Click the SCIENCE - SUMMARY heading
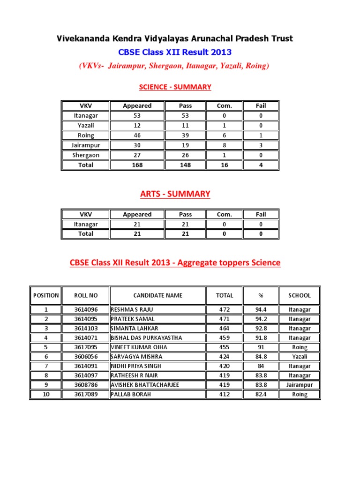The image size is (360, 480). point(175,87)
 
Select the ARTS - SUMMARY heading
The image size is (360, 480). point(175,194)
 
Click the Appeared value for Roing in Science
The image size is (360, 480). point(137,135)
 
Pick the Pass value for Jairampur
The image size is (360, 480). point(185,145)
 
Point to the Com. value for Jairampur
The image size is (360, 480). point(224,145)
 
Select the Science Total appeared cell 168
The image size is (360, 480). point(137,165)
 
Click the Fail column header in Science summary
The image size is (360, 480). point(261,105)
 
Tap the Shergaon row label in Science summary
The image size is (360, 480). point(86,155)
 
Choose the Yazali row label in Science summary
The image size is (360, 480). point(86,125)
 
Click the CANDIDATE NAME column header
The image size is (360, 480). point(158,295)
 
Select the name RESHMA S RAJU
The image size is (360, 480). point(132,309)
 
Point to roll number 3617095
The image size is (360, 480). point(86,347)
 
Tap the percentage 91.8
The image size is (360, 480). point(261,337)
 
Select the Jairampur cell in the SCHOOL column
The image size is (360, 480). point(300,385)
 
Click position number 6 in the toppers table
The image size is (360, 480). point(46,357)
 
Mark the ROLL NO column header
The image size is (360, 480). point(86,295)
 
